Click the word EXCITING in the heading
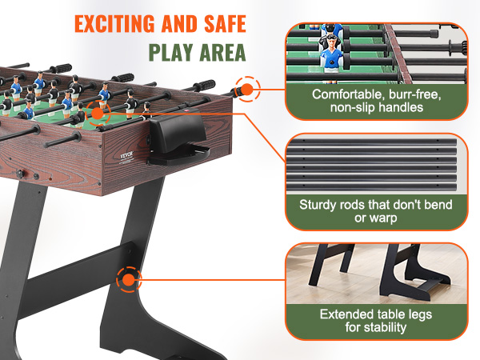click(x=114, y=23)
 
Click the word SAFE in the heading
click(x=225, y=23)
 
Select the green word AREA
click(x=223, y=53)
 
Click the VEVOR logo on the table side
click(x=127, y=155)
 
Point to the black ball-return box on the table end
click(x=178, y=136)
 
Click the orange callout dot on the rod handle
click(x=246, y=90)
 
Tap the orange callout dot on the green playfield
click(x=98, y=114)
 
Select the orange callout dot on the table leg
click(x=129, y=279)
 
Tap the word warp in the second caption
click(x=384, y=218)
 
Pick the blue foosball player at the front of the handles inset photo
click(x=331, y=58)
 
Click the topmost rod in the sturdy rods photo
click(x=371, y=142)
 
